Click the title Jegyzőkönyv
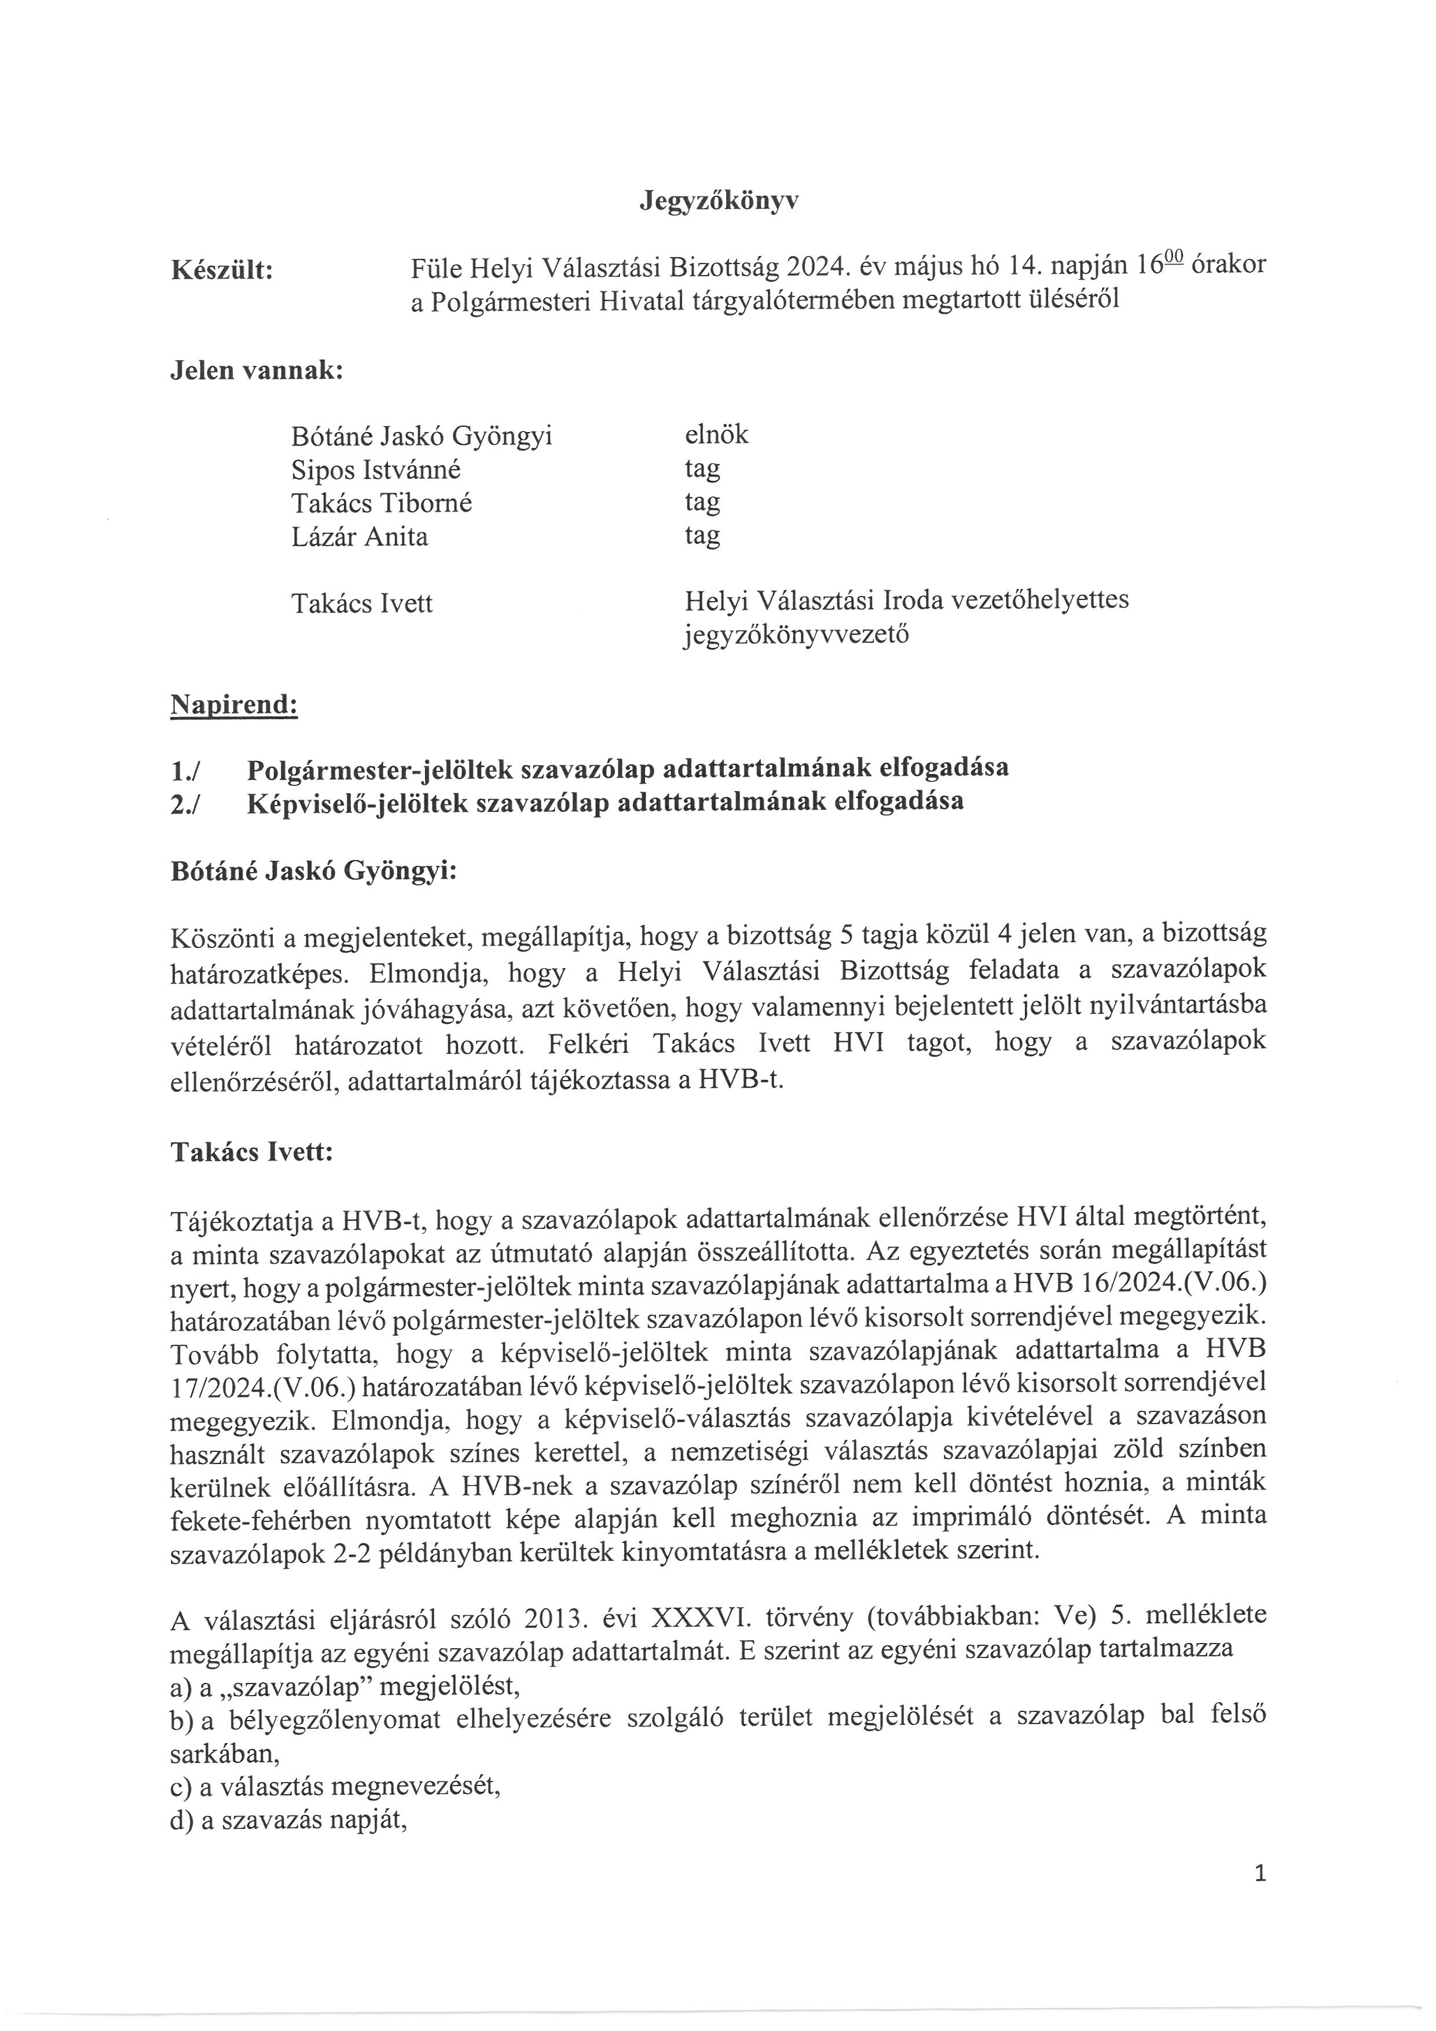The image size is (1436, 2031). (718, 202)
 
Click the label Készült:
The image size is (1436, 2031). (221, 270)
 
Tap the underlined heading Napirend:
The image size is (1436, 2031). (233, 705)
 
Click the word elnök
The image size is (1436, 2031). (715, 434)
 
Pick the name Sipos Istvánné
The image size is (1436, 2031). (376, 470)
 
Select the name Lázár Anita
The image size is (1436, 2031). (359, 537)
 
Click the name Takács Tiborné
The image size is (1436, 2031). (381, 503)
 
